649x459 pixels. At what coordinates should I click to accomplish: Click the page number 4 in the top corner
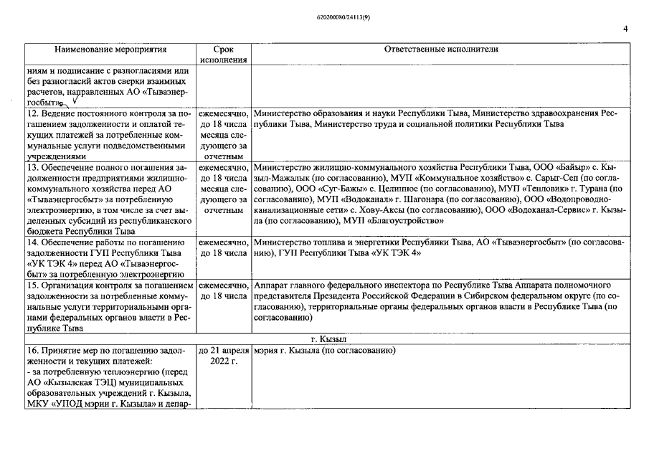coord(625,29)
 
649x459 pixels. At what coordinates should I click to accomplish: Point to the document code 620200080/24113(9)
coord(324,15)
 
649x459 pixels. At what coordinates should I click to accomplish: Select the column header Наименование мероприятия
coord(111,49)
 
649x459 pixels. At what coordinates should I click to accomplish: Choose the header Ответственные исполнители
coord(440,49)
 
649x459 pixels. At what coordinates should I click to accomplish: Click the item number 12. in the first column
coord(32,113)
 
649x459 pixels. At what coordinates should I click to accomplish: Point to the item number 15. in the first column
coord(32,285)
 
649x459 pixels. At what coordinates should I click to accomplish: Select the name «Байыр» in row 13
coord(556,167)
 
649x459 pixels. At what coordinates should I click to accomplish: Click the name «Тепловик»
coord(532,188)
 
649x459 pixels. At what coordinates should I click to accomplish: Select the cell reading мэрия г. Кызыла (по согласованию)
coord(325,351)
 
